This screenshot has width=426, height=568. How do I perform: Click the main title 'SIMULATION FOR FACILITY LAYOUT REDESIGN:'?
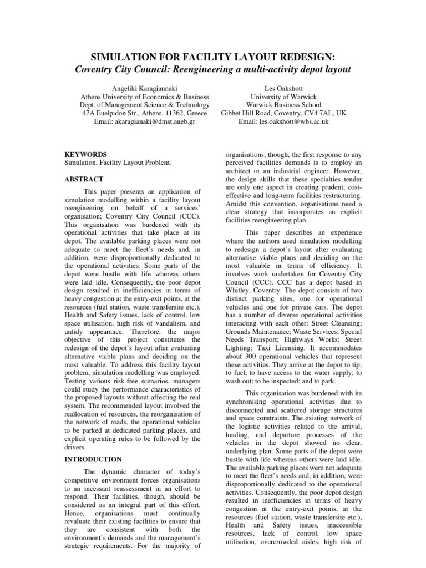(x=213, y=58)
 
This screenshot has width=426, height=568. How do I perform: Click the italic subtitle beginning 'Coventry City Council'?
(x=213, y=70)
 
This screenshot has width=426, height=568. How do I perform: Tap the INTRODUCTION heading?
(x=93, y=459)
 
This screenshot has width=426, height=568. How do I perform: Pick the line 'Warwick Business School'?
(x=283, y=105)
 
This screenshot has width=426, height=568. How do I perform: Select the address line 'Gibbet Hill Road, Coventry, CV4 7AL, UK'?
(x=283, y=113)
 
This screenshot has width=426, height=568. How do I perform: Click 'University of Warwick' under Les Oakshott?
(x=283, y=97)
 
